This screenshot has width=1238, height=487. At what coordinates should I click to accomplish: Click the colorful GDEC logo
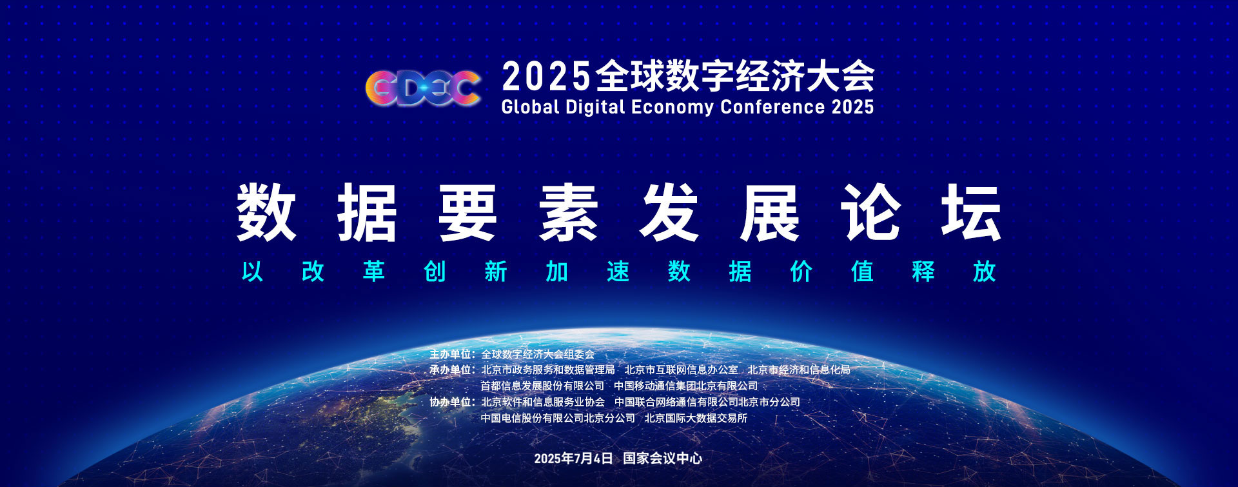(423, 88)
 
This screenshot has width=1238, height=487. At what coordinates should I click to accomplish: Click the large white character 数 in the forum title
(266, 212)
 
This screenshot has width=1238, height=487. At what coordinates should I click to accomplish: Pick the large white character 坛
(971, 212)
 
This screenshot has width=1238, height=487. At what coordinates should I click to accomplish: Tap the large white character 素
(568, 212)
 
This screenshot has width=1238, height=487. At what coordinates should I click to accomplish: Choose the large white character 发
(669, 212)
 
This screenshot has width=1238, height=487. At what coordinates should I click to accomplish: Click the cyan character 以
(252, 272)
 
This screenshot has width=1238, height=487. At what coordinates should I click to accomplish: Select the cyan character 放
(985, 272)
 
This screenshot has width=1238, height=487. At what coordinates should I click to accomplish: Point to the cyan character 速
(618, 272)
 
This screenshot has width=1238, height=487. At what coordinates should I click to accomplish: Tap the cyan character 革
(374, 272)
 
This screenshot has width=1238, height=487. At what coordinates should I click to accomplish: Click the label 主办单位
(451, 354)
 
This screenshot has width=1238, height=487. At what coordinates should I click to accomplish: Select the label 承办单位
(451, 370)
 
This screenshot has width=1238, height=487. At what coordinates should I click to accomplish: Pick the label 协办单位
(451, 402)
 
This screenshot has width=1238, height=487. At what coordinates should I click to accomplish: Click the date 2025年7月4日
(573, 458)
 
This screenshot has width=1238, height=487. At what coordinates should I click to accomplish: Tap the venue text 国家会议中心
(663, 458)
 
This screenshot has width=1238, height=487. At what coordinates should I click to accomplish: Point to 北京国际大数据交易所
(696, 418)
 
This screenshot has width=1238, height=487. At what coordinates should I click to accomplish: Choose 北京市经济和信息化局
(799, 370)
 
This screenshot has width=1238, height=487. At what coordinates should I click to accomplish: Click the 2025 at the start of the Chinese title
(546, 76)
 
